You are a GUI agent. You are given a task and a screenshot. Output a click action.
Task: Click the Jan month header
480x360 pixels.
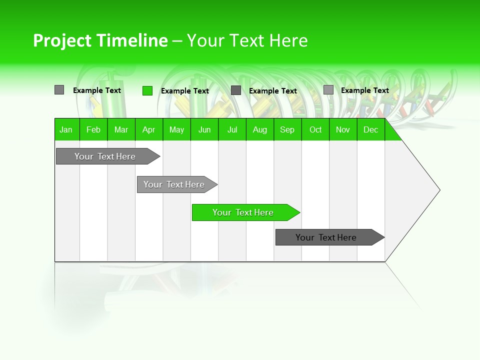66,129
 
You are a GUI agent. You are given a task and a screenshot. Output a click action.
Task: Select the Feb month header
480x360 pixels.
93,129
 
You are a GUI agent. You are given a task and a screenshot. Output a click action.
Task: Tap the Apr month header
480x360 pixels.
148,129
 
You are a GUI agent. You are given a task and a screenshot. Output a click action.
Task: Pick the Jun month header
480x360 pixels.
204,129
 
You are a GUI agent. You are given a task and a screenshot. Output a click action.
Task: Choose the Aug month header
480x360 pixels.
260,129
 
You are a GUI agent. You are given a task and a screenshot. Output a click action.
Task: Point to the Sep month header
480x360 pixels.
287,129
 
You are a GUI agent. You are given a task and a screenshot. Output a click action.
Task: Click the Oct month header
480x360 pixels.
315,129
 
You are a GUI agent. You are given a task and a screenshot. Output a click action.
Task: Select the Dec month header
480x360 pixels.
371,129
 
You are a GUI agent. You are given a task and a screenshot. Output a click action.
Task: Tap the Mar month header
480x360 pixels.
121,129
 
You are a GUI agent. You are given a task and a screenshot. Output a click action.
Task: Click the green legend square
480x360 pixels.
147,90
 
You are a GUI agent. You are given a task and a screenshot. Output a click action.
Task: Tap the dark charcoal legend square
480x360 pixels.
236,90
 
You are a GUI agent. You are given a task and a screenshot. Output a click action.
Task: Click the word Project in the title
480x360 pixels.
63,40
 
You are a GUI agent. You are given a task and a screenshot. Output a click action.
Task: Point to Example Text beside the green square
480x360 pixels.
185,91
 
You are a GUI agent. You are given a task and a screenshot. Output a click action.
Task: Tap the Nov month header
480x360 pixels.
343,129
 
